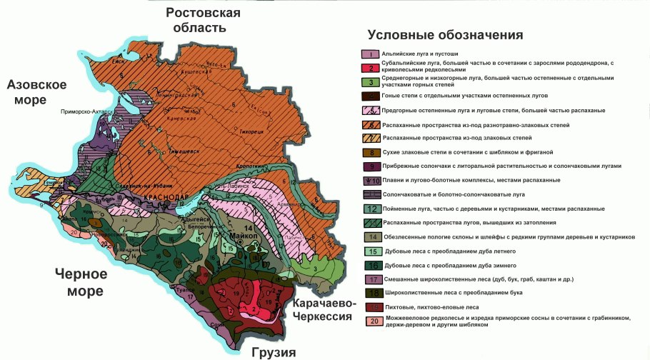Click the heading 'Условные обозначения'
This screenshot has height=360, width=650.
[x=446, y=35]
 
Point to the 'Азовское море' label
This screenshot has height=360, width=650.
[x=37, y=92]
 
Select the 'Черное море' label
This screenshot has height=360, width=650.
[x=79, y=282]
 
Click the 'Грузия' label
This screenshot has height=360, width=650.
[x=273, y=352]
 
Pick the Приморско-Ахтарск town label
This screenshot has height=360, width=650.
[x=89, y=112]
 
